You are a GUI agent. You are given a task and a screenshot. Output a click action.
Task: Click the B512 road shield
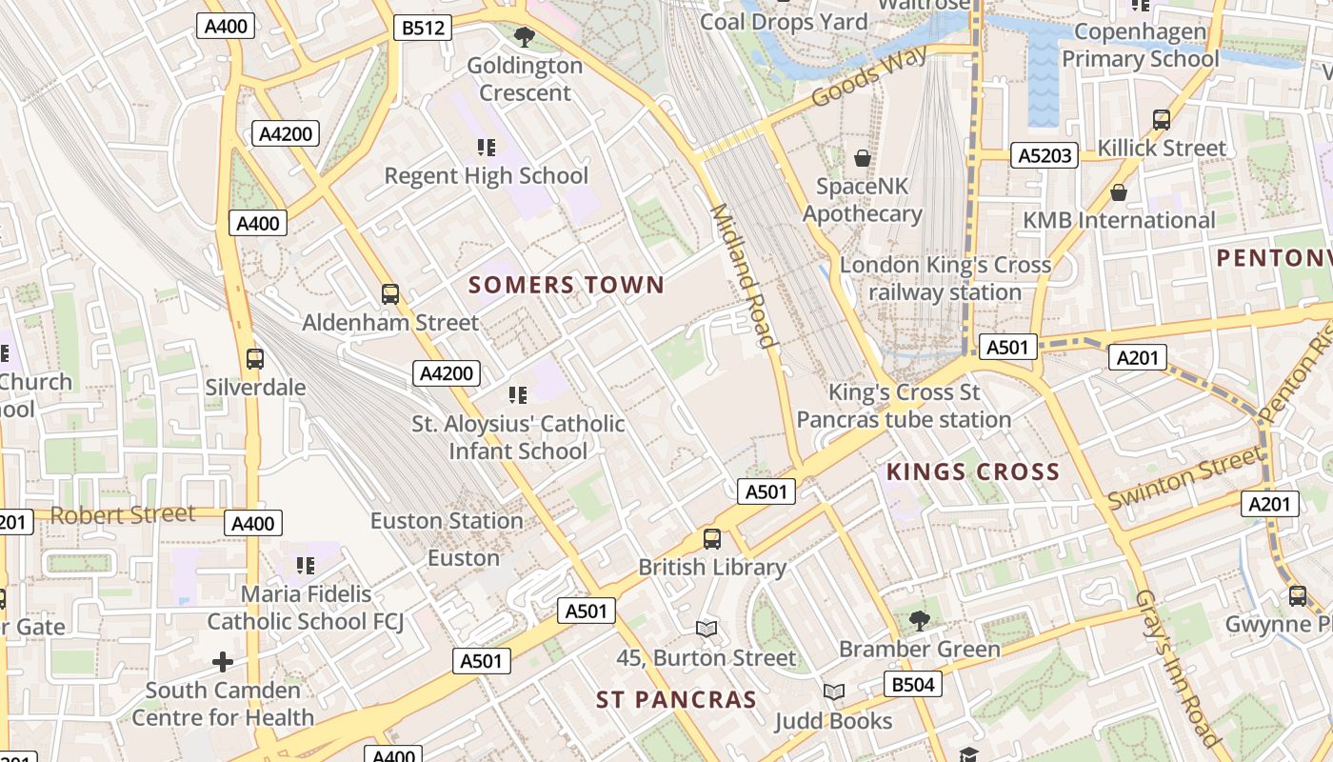pos(422,28)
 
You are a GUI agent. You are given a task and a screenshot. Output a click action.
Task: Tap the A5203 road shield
pos(1045,155)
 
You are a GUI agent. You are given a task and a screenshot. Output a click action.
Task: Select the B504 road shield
pos(912,684)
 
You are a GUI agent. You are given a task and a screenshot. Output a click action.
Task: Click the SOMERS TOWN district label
pos(566,285)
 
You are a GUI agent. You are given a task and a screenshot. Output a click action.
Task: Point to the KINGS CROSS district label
pos(972,471)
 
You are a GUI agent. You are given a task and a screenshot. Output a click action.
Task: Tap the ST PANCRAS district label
pos(676,700)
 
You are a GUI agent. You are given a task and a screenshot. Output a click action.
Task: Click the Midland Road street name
pos(742,276)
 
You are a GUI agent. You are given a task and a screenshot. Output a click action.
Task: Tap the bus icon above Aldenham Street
pos(390,294)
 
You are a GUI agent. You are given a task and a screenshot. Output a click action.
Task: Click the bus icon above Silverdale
pos(254,359)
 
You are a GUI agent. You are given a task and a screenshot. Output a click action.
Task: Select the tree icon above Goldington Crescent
pos(524,37)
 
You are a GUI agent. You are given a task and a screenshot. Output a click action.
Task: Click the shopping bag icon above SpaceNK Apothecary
pos(862,158)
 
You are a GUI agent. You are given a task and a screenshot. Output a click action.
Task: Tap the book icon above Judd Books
pos(833,692)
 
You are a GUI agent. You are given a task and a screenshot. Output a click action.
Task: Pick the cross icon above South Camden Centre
pos(223,661)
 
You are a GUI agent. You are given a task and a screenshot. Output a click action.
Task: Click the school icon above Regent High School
pos(487,148)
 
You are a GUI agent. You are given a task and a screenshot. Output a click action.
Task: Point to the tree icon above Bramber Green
pos(919,621)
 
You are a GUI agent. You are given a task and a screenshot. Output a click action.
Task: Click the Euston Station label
pos(447,521)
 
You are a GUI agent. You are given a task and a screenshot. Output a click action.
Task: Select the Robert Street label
pos(123,514)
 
